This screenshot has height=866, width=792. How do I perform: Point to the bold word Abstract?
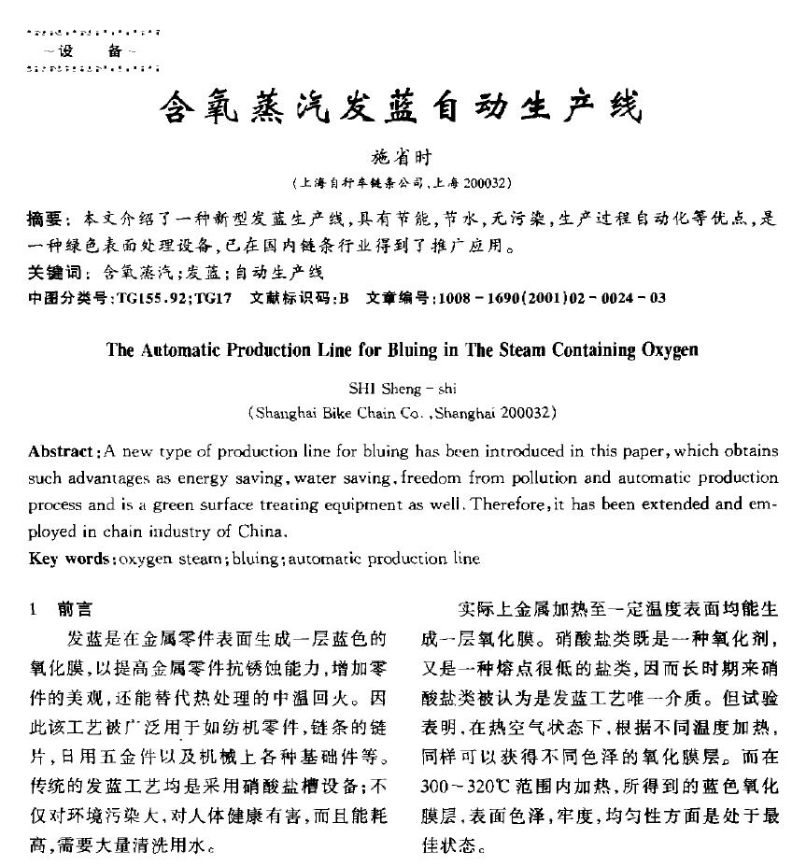pyautogui.click(x=63, y=451)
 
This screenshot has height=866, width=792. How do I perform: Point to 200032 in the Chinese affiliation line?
pyautogui.click(x=486, y=182)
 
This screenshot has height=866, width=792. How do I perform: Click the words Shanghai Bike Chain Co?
pyautogui.click(x=326, y=412)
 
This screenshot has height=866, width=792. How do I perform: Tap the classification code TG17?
pyautogui.click(x=216, y=299)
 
